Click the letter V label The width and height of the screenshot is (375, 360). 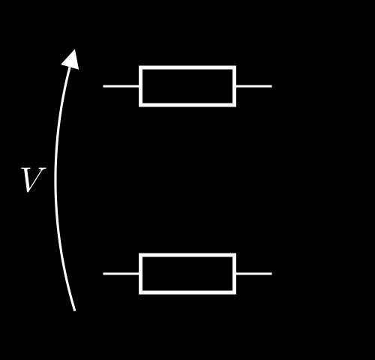pos(33,180)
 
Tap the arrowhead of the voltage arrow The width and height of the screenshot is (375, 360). pos(71,60)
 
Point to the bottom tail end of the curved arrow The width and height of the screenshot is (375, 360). pos(74,310)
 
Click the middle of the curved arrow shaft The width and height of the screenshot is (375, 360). pos(55,180)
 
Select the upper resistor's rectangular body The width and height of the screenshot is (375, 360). pos(187,86)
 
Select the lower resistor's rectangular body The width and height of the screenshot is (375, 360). pos(187,274)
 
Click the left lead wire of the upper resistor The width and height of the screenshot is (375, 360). pos(121,86)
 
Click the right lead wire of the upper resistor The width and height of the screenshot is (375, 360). pos(254,86)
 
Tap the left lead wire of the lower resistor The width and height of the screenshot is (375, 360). pos(121,274)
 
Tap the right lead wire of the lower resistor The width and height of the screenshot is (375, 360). pos(254,274)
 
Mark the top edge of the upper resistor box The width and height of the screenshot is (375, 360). pos(187,67)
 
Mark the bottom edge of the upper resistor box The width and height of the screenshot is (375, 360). pos(187,105)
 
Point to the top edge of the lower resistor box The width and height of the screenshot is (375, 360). pos(187,255)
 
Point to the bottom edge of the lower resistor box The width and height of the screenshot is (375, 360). pos(187,292)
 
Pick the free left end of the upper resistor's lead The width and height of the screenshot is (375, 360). pos(103,86)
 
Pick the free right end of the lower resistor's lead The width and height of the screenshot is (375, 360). pos(271,274)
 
